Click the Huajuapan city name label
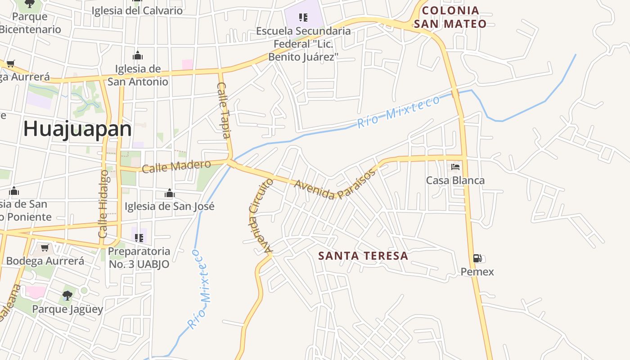coord(77,129)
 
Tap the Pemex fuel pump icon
coord(477,258)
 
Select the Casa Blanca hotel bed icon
coord(455,167)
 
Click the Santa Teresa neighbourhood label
coord(363,256)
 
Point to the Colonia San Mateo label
coord(450,17)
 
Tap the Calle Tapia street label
coord(224,110)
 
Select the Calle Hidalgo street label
coord(103,204)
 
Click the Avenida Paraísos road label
coord(335,184)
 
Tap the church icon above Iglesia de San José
coord(169,193)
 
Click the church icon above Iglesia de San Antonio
coord(138,56)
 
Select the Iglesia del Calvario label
coord(137,11)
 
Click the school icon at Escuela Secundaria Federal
coord(303,18)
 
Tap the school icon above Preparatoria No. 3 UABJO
coord(139,238)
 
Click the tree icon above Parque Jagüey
coord(67,296)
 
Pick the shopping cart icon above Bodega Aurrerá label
coord(45,248)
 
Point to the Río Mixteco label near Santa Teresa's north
coord(398,112)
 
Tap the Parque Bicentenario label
coord(30,23)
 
